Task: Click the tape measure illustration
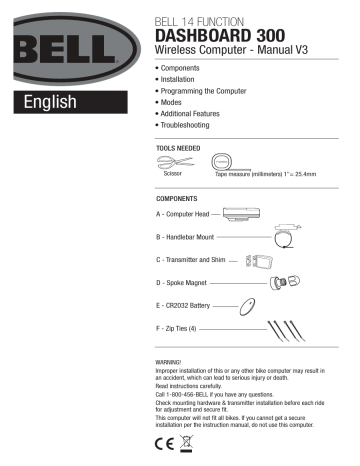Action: click(222, 160)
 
